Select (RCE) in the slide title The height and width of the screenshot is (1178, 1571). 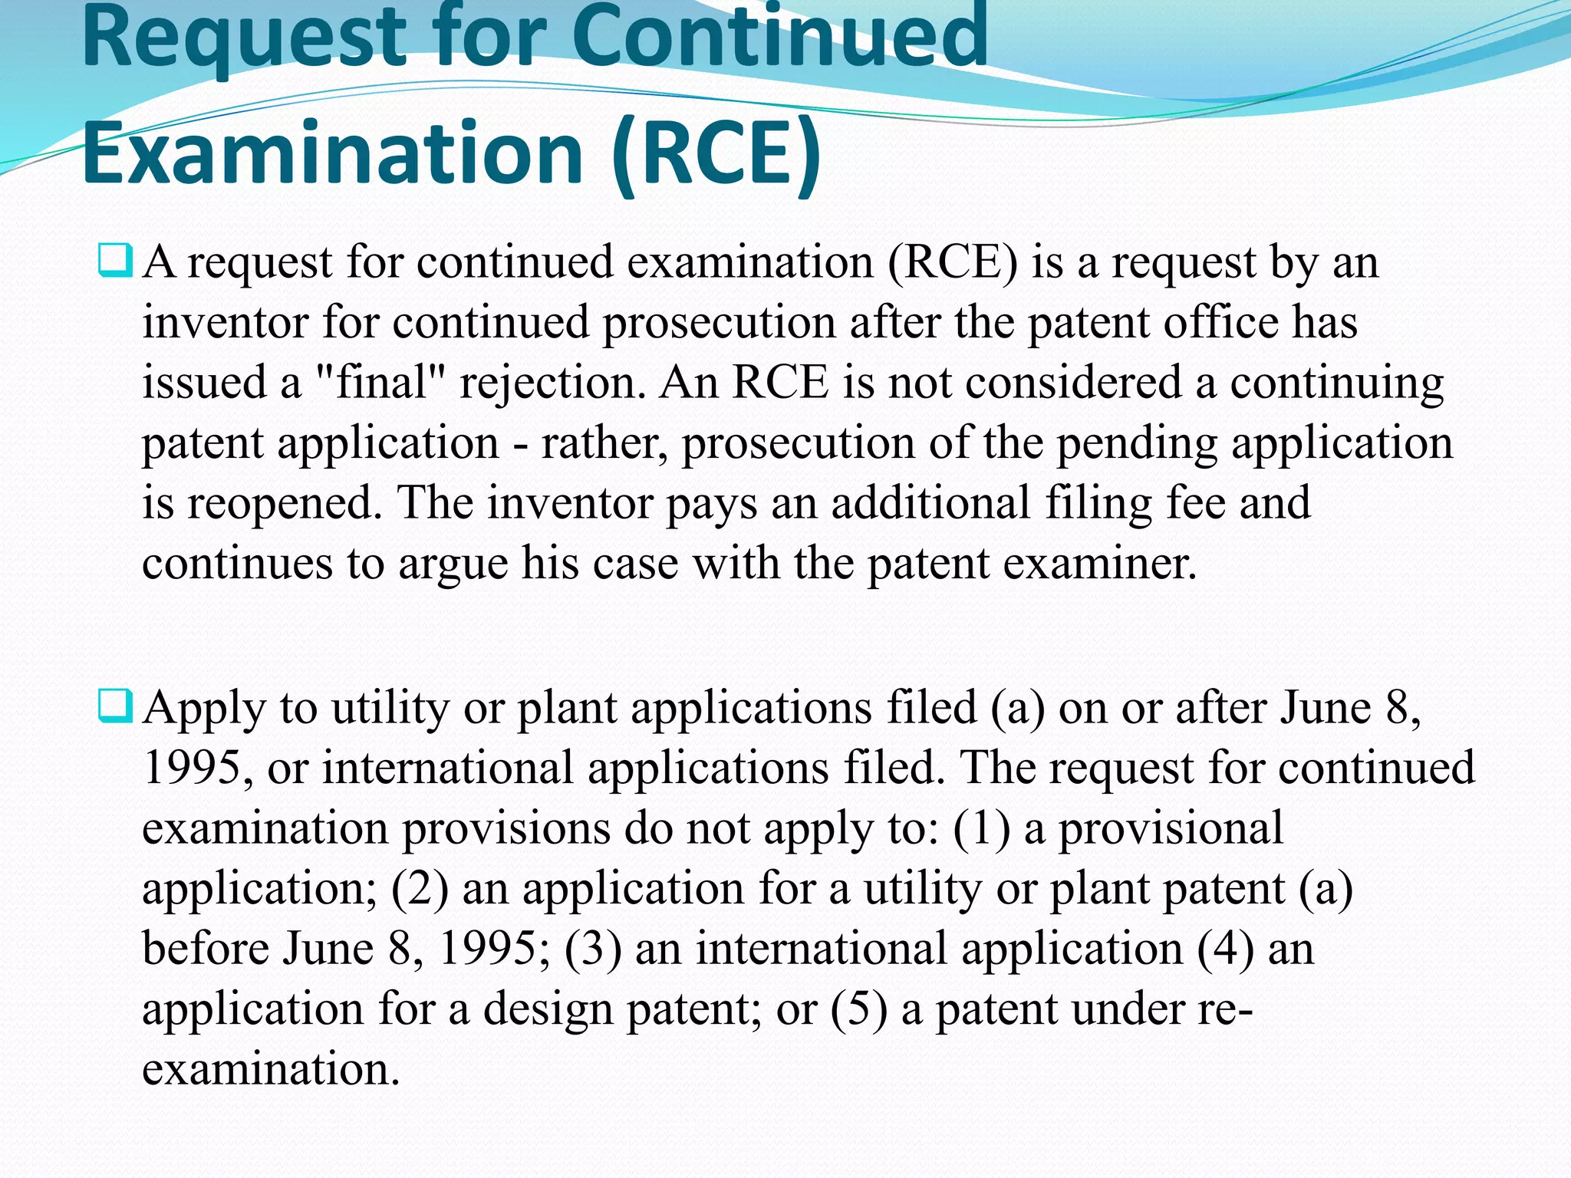coord(717,153)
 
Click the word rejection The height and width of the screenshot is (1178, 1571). coord(552,383)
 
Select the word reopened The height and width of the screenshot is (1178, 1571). coord(284,504)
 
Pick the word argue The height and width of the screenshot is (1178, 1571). coord(453,564)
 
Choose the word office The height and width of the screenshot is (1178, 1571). coord(1220,322)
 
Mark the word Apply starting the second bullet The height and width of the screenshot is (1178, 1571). coord(204,708)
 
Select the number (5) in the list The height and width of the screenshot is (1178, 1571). coord(858,1009)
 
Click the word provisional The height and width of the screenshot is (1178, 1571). coord(1171,828)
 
